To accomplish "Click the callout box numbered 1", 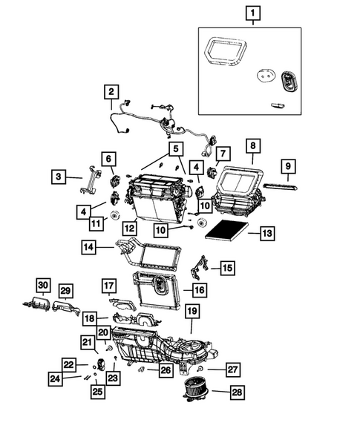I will point(253,13).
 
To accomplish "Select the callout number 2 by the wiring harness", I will point(111,93).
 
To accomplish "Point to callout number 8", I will point(252,146).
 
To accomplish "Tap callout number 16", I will point(200,289).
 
